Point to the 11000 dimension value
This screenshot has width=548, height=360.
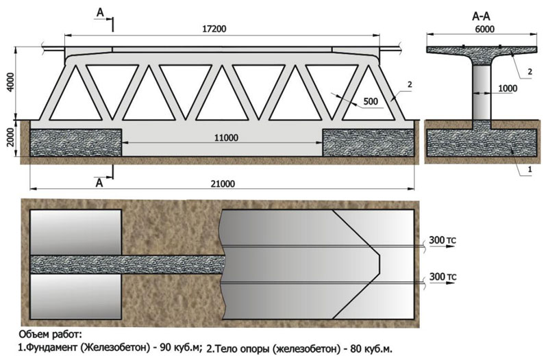click(x=224, y=137)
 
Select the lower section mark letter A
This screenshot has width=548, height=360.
click(x=100, y=183)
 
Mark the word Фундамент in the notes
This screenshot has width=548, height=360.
click(x=52, y=347)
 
